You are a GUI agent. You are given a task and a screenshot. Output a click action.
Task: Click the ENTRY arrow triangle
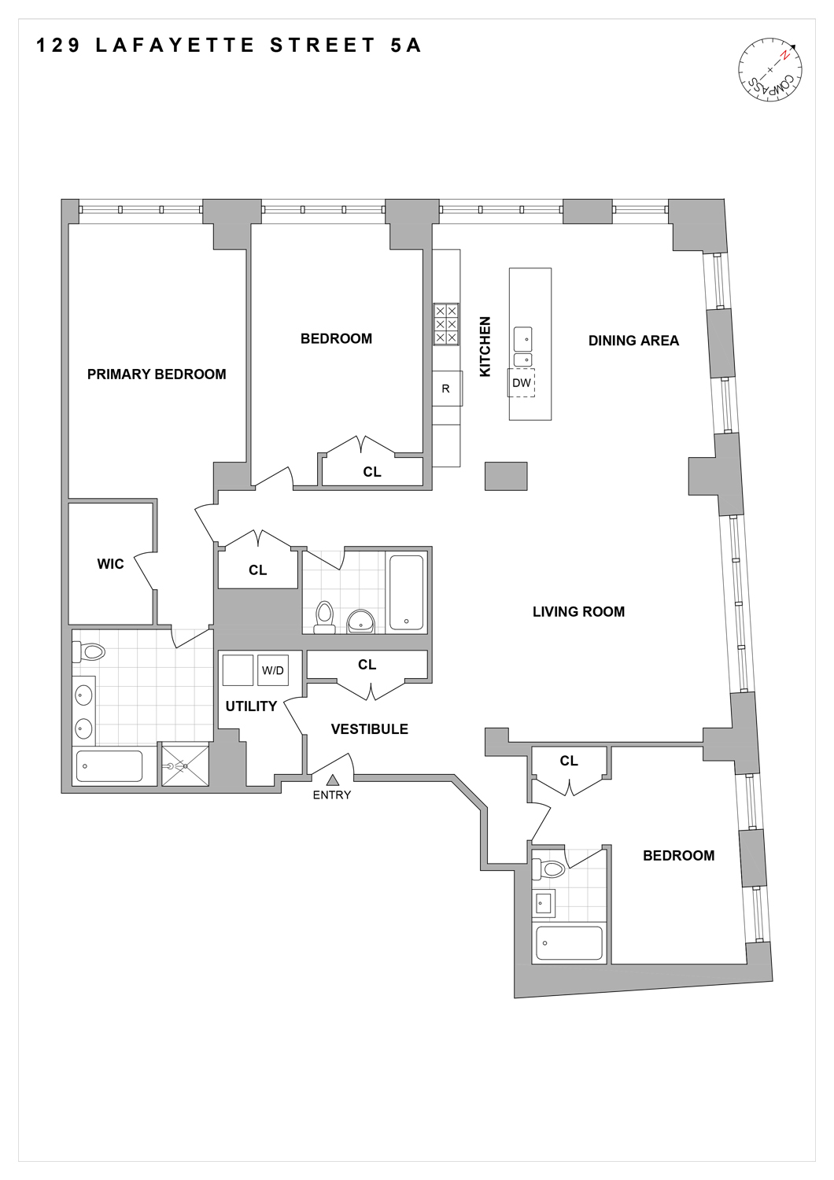(x=332, y=780)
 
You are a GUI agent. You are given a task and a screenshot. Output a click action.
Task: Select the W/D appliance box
(x=272, y=670)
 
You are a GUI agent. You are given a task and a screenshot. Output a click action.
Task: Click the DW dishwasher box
(x=521, y=383)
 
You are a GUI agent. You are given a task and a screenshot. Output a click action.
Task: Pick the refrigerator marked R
(x=445, y=389)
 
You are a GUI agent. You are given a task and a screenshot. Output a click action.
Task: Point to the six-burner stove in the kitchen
(x=446, y=324)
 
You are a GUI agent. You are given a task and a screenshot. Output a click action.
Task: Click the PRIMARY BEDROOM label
(x=157, y=374)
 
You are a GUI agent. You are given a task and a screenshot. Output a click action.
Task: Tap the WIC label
(x=110, y=564)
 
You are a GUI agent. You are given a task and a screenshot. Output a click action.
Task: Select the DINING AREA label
(x=633, y=341)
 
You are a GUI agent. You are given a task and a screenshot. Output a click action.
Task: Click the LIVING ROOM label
(x=578, y=611)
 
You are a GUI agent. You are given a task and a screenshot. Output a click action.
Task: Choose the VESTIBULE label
(x=369, y=729)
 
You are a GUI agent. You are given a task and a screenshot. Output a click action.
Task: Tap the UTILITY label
(x=251, y=706)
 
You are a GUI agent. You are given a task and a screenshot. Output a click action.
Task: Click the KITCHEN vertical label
(x=485, y=346)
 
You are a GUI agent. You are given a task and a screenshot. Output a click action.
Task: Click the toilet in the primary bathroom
(x=90, y=651)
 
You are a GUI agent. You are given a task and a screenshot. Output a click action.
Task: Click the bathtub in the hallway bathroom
(x=406, y=592)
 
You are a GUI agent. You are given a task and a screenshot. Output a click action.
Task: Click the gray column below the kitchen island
(x=505, y=476)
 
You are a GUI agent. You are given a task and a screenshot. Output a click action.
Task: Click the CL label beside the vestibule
(x=367, y=665)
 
